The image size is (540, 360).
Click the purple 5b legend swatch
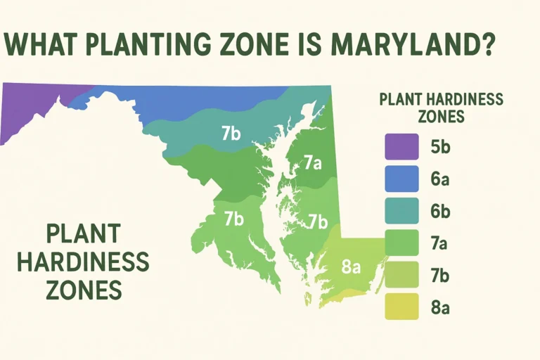(x=401, y=148)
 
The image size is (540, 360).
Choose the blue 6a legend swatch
(x=401, y=179)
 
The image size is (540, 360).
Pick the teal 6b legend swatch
(x=401, y=211)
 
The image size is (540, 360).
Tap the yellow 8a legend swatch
(x=401, y=307)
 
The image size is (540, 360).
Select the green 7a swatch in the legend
(x=401, y=243)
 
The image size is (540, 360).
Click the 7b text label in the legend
(x=440, y=275)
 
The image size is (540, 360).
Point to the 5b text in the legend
(x=440, y=148)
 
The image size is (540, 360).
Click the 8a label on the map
(x=351, y=267)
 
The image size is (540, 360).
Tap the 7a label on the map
(x=313, y=164)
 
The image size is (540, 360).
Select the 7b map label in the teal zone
(x=231, y=134)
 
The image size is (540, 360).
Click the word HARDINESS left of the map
(x=83, y=262)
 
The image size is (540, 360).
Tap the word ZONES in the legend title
(x=441, y=116)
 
